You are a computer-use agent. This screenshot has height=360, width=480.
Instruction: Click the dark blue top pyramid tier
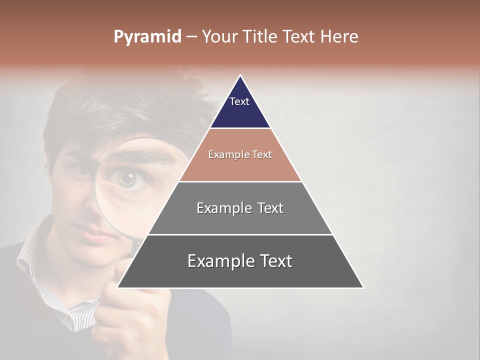point(240,112)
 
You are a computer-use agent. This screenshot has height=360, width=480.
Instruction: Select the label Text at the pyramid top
point(239,102)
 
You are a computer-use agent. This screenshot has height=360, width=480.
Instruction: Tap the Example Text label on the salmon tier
point(240,155)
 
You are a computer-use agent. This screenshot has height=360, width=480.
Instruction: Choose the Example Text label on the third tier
point(240,208)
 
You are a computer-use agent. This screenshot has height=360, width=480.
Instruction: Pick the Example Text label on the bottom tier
point(240,261)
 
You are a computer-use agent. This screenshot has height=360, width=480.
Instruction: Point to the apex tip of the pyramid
point(240,76)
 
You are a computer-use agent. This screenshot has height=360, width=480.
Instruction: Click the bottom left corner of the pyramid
point(118,287)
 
